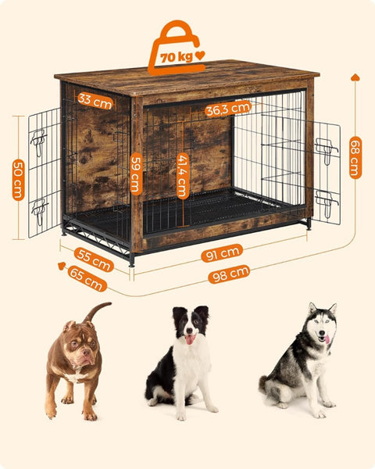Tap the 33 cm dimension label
[95, 100]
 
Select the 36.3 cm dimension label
[228, 109]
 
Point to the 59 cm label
[136, 173]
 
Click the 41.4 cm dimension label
[182, 175]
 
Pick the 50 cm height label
[18, 179]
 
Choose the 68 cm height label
[355, 157]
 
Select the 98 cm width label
[228, 274]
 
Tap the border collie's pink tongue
[188, 339]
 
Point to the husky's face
[321, 328]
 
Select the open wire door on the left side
[45, 172]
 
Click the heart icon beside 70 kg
[201, 55]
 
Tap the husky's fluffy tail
[270, 385]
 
